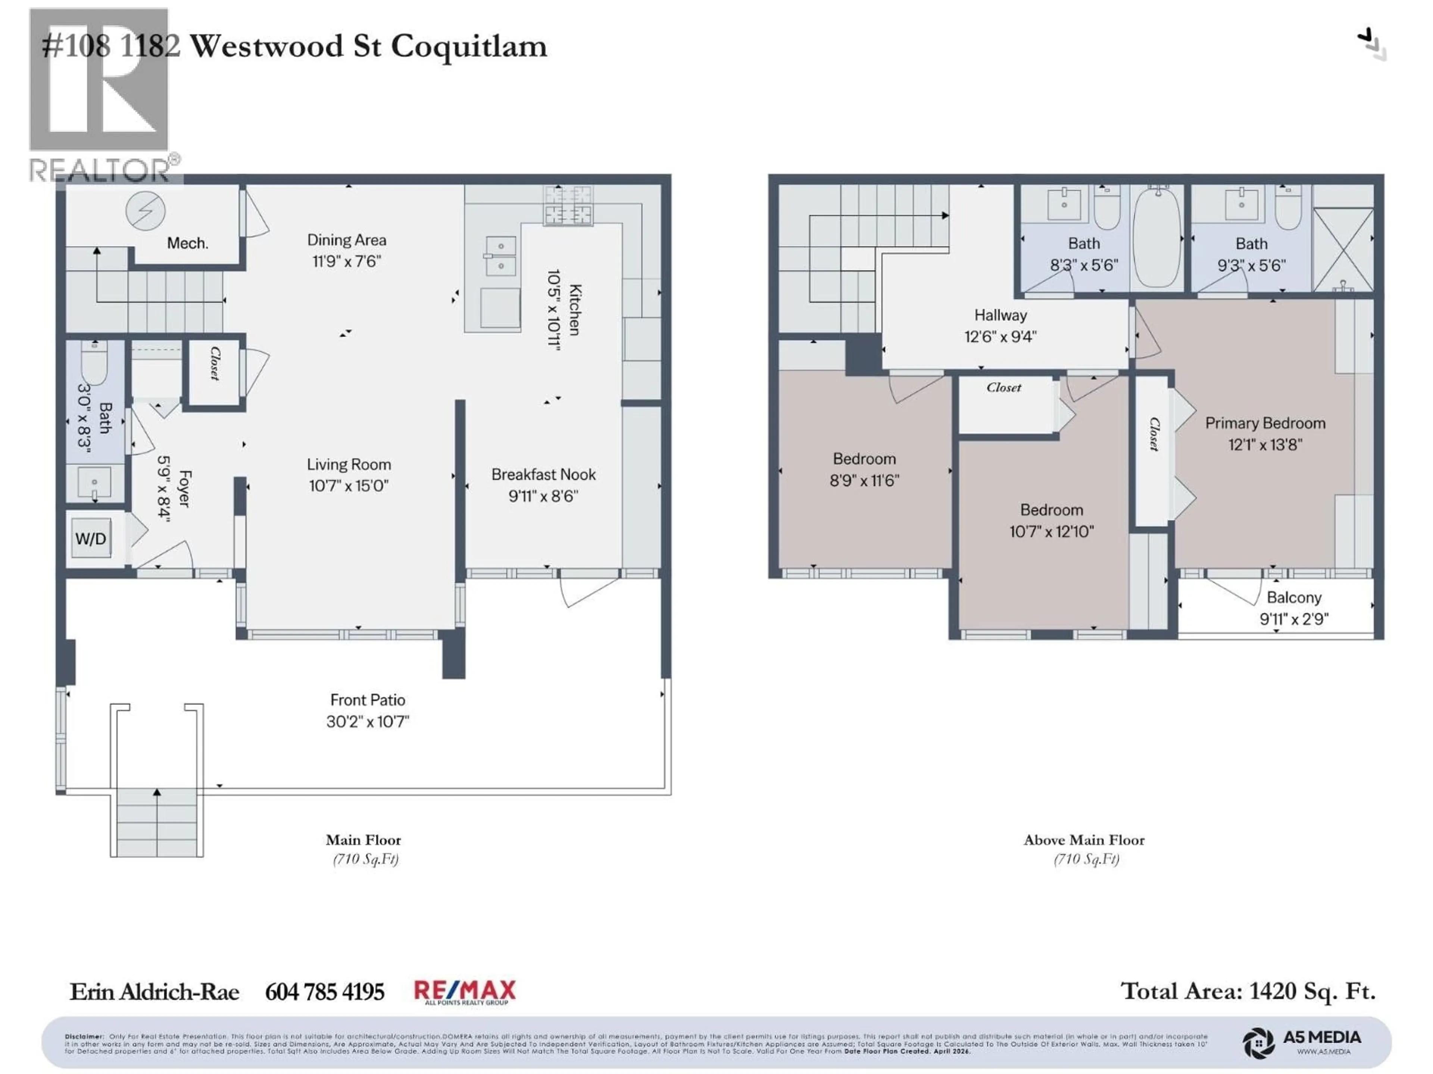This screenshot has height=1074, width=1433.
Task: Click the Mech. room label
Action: click(x=187, y=244)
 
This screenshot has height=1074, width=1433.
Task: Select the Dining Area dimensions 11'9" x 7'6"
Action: click(x=347, y=261)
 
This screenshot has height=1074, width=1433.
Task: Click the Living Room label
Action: click(x=349, y=464)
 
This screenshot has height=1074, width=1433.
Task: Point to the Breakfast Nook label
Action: click(x=543, y=474)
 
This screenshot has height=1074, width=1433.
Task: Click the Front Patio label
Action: click(x=367, y=700)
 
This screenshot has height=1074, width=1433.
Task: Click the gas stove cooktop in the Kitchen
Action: click(x=568, y=205)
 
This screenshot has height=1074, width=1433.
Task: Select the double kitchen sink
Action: click(x=501, y=256)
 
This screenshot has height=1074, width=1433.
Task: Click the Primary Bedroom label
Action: click(x=1265, y=423)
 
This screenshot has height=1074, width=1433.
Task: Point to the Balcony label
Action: click(x=1294, y=597)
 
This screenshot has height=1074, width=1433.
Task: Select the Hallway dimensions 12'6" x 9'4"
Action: click(x=1000, y=337)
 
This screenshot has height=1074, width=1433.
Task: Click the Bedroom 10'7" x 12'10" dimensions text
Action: click(x=1052, y=531)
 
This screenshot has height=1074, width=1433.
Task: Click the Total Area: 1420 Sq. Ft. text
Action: click(x=1248, y=991)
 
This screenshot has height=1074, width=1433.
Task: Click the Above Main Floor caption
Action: click(x=1084, y=840)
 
